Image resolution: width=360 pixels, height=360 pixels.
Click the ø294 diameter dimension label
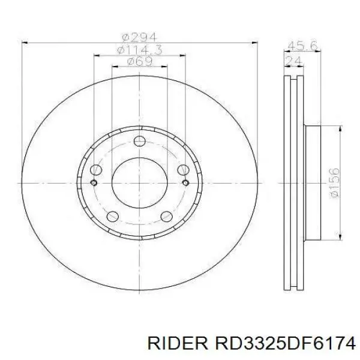pyautogui.click(x=139, y=36)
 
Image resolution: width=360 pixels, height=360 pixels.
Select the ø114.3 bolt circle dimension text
pyautogui.click(x=139, y=49)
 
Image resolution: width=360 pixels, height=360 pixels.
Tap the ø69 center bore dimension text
pyautogui.click(x=139, y=61)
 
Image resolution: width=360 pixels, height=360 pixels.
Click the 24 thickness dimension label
pyautogui.click(x=294, y=60)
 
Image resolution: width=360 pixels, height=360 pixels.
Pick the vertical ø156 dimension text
pyautogui.click(x=335, y=183)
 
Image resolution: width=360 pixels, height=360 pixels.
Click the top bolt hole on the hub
pyautogui.click(x=139, y=142)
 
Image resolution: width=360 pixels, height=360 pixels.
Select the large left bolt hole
pyautogui.click(x=95, y=170)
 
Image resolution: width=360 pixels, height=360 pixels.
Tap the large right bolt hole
pyautogui.click(x=184, y=170)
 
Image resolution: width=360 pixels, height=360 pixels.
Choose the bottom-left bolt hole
pyautogui.click(x=112, y=217)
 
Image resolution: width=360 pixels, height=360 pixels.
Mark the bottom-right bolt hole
pyautogui.click(x=167, y=217)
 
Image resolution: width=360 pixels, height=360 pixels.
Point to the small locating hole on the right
pyautogui.click(x=185, y=182)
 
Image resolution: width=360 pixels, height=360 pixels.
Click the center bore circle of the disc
pyautogui.click(x=139, y=180)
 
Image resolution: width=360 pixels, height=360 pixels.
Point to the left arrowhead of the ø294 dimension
pyautogui.click(x=25, y=42)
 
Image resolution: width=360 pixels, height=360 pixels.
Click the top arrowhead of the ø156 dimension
pyautogui.click(x=340, y=129)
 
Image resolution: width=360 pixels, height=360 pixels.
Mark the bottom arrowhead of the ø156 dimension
pyautogui.click(x=340, y=236)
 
